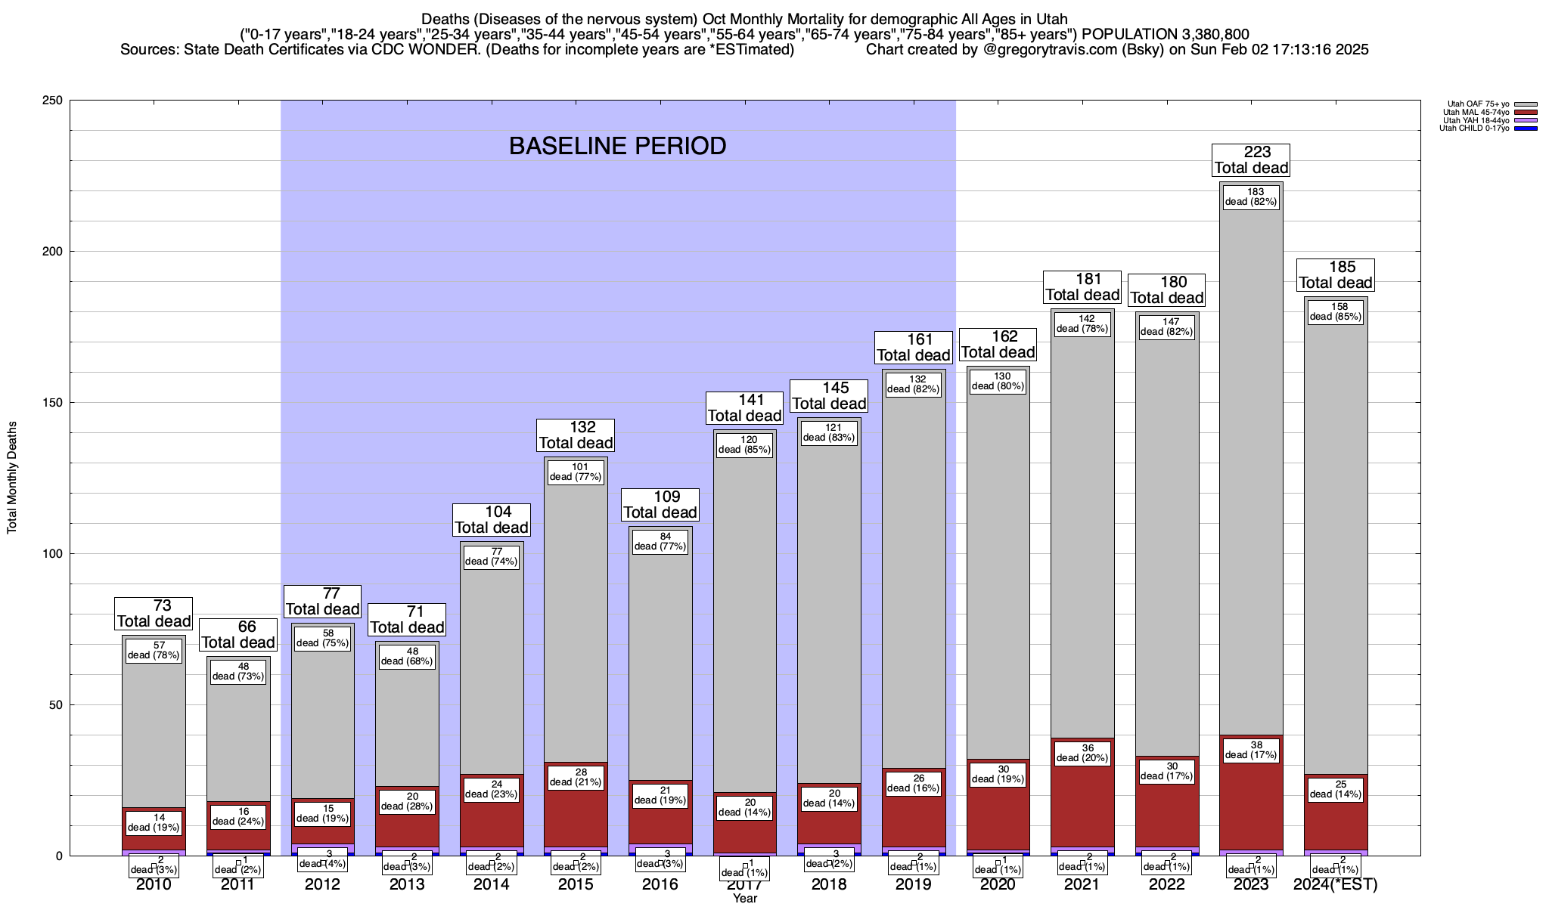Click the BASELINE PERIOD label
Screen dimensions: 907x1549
[617, 146]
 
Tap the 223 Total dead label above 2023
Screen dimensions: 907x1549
[1251, 160]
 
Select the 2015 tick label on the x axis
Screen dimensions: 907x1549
[576, 884]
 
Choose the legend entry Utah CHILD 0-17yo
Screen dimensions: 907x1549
[1474, 128]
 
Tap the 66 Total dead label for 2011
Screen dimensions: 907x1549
[238, 635]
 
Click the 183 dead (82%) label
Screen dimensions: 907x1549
[1251, 197]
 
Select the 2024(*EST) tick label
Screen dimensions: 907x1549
[1336, 884]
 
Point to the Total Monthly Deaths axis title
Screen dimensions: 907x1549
[12, 478]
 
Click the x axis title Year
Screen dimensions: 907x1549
[744, 899]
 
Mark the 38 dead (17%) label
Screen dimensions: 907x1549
[1251, 750]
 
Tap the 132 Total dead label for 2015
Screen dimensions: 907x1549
[576, 435]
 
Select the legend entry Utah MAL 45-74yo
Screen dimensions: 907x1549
[1476, 113]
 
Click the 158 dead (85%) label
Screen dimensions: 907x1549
[1336, 312]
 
